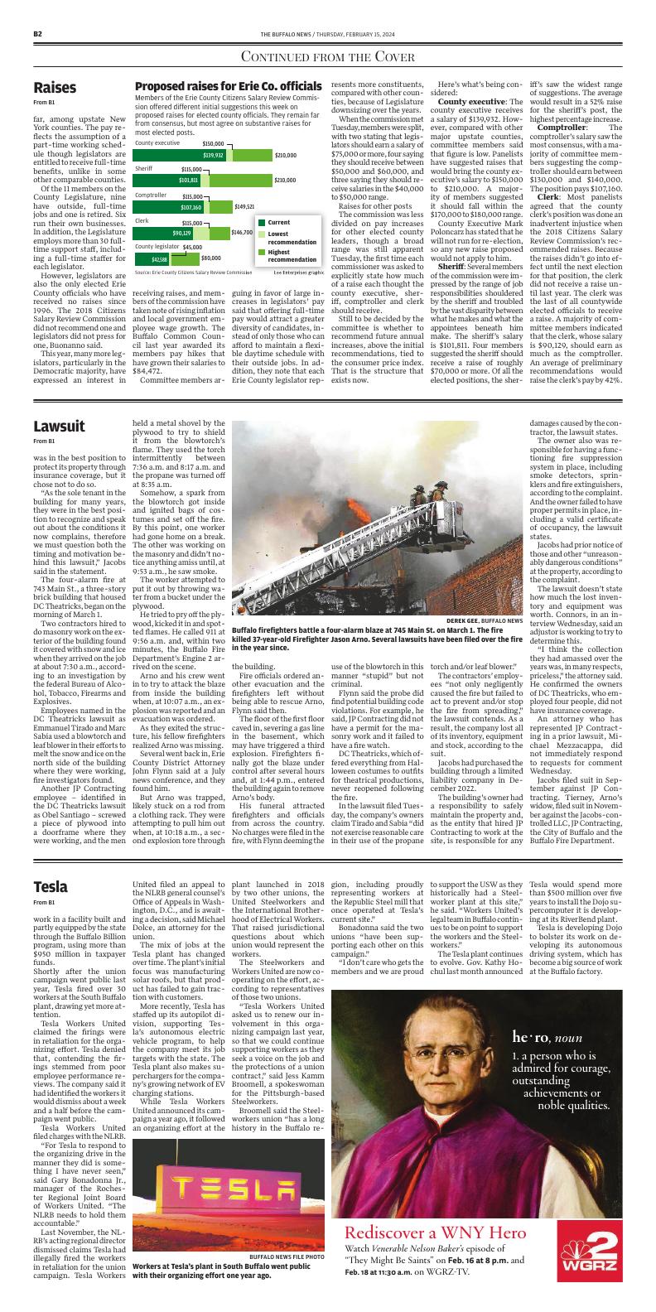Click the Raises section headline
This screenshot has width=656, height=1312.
coord(55,88)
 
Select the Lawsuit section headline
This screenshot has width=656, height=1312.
coord(59,427)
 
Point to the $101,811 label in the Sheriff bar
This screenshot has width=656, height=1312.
coord(189,180)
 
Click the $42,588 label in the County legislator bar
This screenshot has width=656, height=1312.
coord(159,258)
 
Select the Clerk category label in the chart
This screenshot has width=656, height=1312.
coord(142,221)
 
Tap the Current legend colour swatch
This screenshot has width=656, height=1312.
coord(261,223)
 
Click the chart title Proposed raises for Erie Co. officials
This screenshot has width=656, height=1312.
coord(228,87)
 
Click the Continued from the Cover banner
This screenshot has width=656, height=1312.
coord(327,56)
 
